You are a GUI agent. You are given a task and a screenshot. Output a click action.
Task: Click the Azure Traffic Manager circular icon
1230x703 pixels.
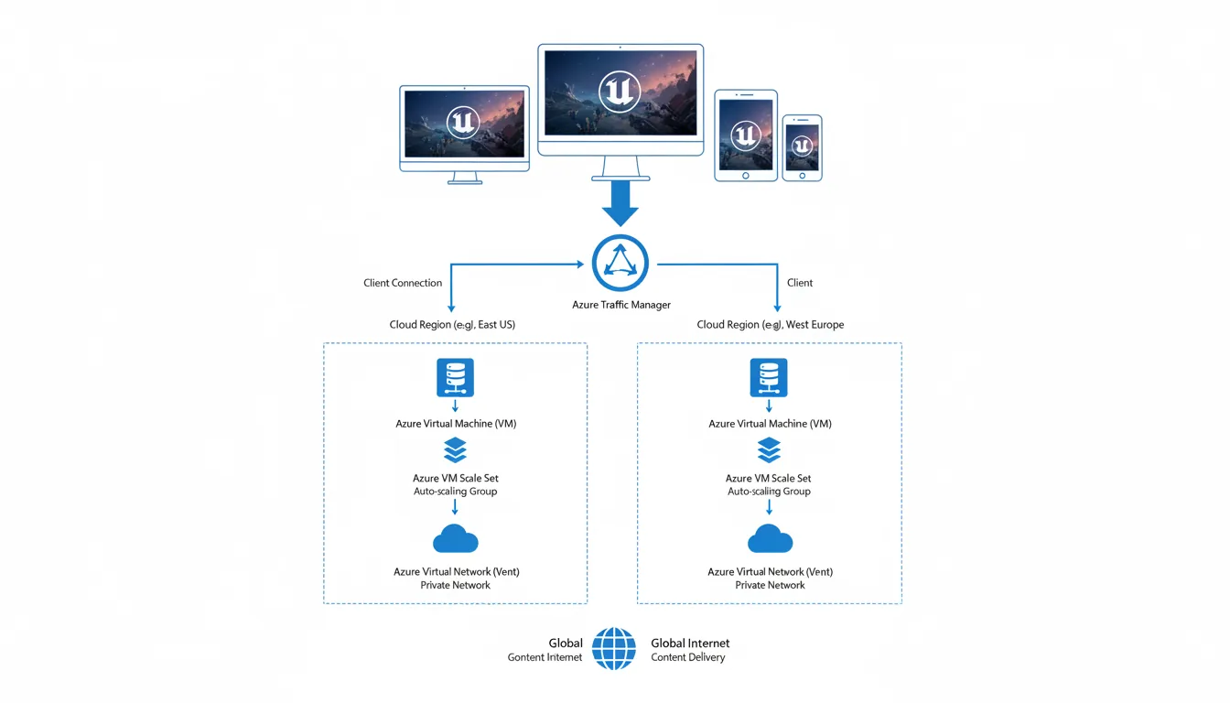point(620,264)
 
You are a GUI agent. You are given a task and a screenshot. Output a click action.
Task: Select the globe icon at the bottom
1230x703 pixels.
point(613,649)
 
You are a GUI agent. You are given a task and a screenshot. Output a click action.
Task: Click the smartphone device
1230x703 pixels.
point(802,147)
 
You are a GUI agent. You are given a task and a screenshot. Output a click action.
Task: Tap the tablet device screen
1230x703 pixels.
point(746,135)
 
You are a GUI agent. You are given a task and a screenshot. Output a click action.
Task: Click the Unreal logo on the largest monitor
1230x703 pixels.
point(620,92)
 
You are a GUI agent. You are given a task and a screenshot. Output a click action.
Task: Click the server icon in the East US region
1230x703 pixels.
point(455,377)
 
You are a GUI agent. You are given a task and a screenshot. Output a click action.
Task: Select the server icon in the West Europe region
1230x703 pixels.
point(769,377)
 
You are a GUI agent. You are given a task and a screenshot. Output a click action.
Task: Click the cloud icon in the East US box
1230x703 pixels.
point(455,539)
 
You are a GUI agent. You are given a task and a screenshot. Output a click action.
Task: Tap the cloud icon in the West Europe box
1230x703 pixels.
point(770,539)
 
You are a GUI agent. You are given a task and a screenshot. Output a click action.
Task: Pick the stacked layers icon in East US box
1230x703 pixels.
point(455,450)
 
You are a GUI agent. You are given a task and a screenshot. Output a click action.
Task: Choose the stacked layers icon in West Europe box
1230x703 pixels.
point(770,450)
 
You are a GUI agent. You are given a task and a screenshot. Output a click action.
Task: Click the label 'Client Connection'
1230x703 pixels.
point(403,283)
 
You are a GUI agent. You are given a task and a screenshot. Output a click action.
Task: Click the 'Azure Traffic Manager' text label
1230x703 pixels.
point(621,305)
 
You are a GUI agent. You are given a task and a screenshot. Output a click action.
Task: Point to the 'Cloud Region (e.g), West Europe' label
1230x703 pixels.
point(771,325)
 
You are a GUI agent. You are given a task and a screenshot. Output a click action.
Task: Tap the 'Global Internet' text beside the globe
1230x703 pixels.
point(690,644)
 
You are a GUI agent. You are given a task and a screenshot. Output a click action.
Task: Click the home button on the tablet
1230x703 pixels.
point(746,176)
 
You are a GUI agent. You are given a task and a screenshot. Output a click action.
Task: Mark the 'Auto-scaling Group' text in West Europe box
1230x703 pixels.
point(769,492)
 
